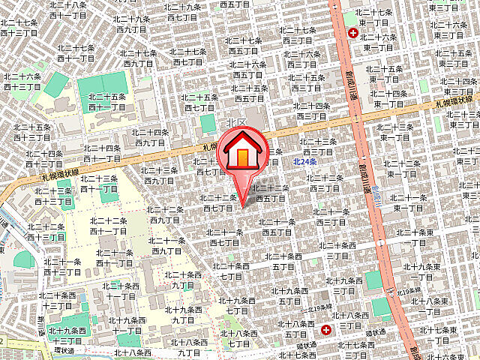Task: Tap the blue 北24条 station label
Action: pos(304,161)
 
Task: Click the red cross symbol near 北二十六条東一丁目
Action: pos(352,33)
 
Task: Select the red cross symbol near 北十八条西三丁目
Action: pos(326,330)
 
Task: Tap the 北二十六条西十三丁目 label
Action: pos(22,81)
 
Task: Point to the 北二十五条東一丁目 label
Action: pos(388,73)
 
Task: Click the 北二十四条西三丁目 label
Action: pos(311,111)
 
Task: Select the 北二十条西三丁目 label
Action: pos(343,285)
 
